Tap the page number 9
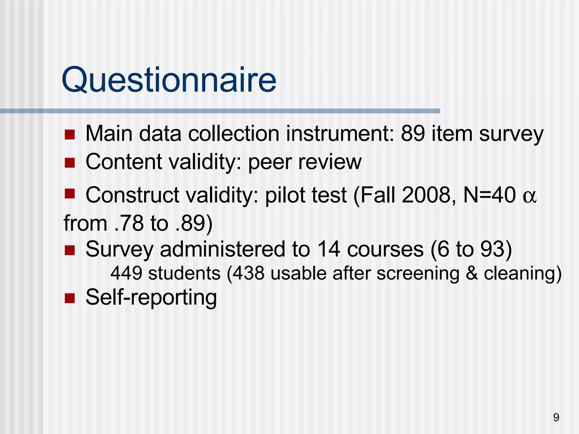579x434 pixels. (556, 417)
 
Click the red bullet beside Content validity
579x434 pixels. (70, 163)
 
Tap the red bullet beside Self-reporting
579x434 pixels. (70, 298)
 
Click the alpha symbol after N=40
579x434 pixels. (529, 196)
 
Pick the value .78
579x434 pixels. (129, 223)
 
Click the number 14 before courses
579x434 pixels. (328, 249)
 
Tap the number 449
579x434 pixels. (126, 273)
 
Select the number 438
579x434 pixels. (249, 273)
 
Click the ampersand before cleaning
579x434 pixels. (471, 273)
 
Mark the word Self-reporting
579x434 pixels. (151, 297)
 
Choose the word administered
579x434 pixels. (222, 249)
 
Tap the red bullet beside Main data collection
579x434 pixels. (70, 135)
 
